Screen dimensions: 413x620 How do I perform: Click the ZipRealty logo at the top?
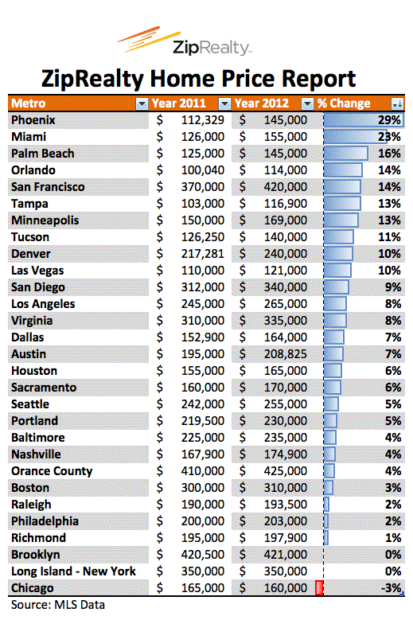(x=185, y=41)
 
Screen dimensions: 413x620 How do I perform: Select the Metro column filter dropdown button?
(x=142, y=103)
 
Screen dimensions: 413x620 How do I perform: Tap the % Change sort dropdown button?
(x=398, y=103)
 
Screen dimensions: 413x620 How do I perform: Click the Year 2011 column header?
(x=178, y=103)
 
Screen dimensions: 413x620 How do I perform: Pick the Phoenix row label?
(x=33, y=120)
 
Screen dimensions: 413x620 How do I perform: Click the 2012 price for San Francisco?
(x=286, y=186)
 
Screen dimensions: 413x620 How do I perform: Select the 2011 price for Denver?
(x=203, y=253)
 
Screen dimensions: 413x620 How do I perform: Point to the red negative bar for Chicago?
(x=319, y=587)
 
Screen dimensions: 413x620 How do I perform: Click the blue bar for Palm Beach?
(x=346, y=154)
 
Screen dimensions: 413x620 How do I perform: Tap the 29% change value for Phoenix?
(x=389, y=120)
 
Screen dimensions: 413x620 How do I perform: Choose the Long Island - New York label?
(x=73, y=571)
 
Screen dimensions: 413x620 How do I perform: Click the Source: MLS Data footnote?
(x=58, y=605)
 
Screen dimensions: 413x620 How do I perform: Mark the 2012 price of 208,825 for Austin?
(x=286, y=354)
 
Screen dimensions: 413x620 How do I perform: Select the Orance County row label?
(x=52, y=471)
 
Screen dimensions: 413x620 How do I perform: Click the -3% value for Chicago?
(x=392, y=588)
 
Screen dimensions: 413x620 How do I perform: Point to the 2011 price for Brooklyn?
(x=203, y=555)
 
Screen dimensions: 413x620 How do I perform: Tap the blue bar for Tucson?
(x=339, y=237)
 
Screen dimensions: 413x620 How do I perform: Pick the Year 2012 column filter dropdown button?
(x=307, y=103)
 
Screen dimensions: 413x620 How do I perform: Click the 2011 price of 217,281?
(x=203, y=253)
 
